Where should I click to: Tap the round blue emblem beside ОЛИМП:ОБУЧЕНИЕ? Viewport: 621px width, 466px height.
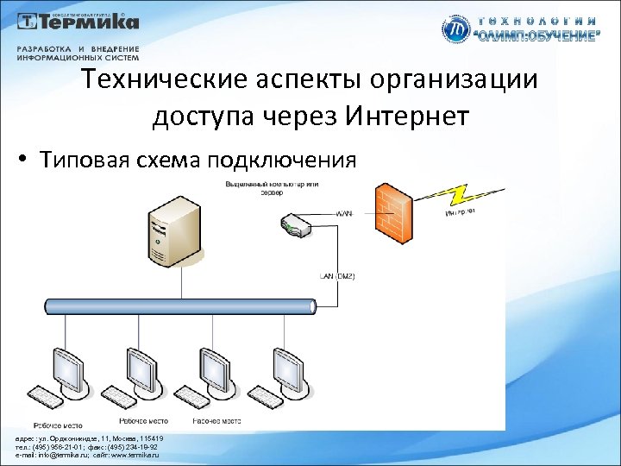[x=455, y=29]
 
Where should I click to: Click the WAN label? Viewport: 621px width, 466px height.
[x=344, y=212]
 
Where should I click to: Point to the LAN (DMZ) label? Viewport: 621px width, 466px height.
[x=337, y=276]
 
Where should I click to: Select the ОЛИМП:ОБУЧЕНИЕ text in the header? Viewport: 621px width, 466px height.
[x=535, y=37]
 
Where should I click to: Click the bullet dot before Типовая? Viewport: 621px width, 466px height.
[x=28, y=161]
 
